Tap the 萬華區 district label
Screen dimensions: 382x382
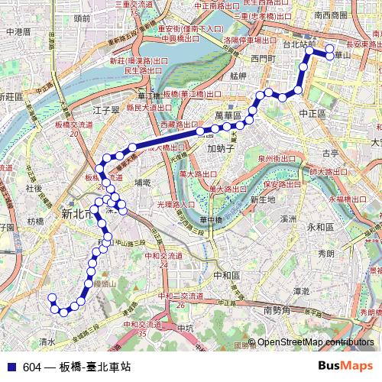click(228, 115)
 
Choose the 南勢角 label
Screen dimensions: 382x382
click(278, 309)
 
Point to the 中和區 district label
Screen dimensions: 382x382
click(226, 274)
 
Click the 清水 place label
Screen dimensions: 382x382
click(47, 342)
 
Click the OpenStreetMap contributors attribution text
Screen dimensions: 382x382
click(316, 342)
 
